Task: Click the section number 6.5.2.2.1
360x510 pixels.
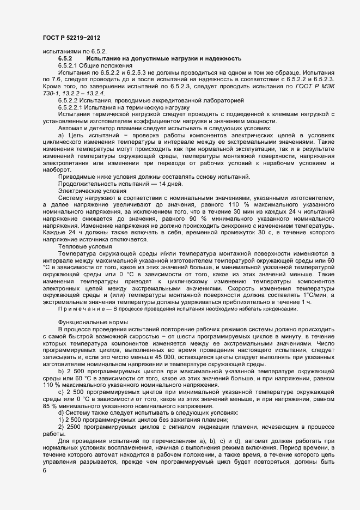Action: (71, 107)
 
